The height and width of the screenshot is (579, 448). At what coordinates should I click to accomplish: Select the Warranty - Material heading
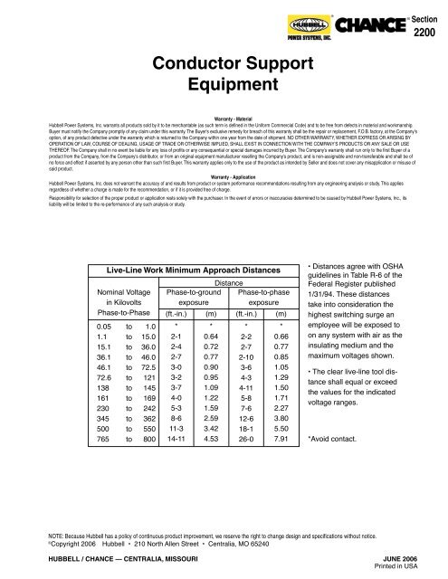224,119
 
